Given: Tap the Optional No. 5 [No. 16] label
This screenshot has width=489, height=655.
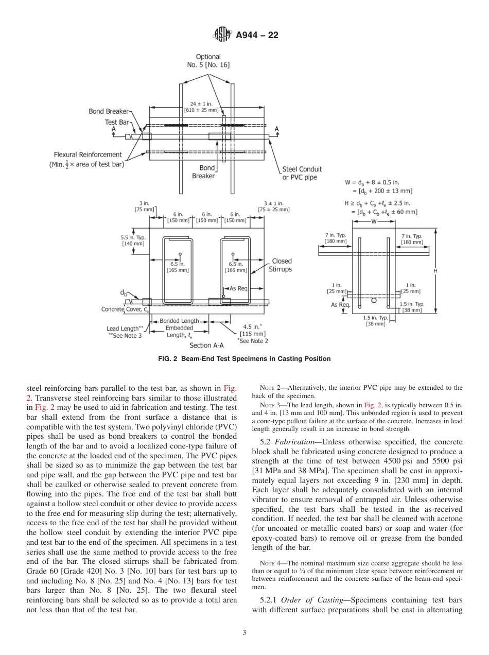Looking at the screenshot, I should pyautogui.click(x=208, y=61).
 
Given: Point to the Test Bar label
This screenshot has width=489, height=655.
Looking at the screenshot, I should pyautogui.click(x=117, y=122).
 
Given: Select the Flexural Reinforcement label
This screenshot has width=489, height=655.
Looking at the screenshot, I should pyautogui.click(x=88, y=154).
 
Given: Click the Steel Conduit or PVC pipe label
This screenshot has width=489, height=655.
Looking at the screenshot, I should pyautogui.click(x=302, y=173).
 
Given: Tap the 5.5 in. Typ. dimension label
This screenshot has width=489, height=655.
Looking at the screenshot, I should pyautogui.click(x=133, y=240).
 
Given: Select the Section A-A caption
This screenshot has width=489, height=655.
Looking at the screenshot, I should pyautogui.click(x=207, y=346).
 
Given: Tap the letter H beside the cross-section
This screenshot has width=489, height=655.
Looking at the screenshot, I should pyautogui.click(x=435, y=271).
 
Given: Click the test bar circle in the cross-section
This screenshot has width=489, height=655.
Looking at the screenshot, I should pyautogui.click(x=374, y=300).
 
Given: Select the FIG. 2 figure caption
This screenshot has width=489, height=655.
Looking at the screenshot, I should pyautogui.click(x=244, y=359).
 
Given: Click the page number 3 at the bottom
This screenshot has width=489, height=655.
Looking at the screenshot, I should pyautogui.click(x=244, y=633).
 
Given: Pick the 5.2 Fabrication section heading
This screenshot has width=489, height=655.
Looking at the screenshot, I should pyautogui.click(x=285, y=442).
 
